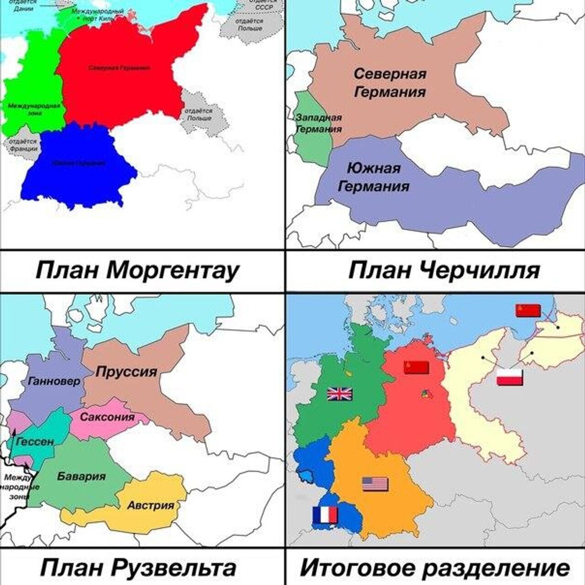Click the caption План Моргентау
[137, 271]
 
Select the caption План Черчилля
[444, 271]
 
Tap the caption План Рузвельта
[138, 568]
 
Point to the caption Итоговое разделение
[435, 568]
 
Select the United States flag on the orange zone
[375, 484]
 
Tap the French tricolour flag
[325, 515]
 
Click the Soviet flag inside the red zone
[416, 367]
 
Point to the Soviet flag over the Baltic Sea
[528, 310]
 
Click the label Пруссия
[126, 372]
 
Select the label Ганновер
[54, 381]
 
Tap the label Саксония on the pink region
[107, 417]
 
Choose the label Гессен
[35, 441]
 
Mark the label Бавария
[81, 476]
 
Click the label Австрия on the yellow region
[151, 505]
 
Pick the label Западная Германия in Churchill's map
[319, 123]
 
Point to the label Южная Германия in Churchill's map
[374, 177]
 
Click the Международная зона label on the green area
[34, 109]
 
